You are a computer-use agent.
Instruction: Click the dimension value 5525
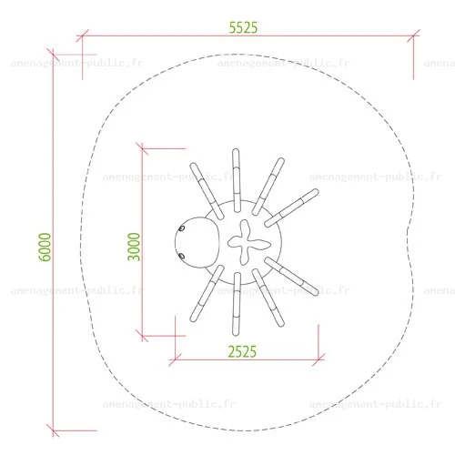243,27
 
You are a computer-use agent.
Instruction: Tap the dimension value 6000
45,247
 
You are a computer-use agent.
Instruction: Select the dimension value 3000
134,247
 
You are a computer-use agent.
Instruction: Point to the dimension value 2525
242,351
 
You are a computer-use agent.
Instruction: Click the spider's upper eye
182,228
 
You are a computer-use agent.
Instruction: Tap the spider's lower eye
181,256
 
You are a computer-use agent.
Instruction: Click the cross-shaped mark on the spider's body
248,242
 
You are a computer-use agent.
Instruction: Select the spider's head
197,242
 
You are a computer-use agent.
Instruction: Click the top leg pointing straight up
237,180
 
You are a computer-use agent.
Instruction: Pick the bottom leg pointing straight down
237,304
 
